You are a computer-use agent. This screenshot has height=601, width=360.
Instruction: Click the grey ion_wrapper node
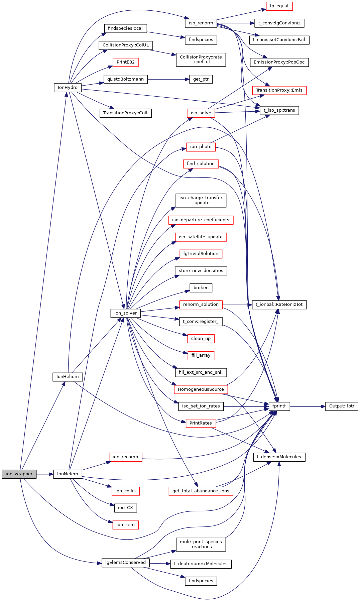tap(19, 474)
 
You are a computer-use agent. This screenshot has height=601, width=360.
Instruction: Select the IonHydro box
tap(68, 88)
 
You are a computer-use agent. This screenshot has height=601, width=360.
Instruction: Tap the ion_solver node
tap(126, 313)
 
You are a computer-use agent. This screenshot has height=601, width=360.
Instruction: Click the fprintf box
tap(279, 406)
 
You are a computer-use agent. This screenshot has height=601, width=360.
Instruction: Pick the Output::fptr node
tap(342, 406)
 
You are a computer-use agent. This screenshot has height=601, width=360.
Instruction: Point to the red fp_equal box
tap(279, 6)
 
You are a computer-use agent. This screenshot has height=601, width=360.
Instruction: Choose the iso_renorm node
tap(201, 23)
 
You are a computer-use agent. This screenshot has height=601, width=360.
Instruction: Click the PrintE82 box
tap(126, 62)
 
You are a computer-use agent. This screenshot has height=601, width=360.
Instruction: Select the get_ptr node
tap(201, 79)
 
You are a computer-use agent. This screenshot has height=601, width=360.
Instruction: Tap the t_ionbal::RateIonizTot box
tap(279, 305)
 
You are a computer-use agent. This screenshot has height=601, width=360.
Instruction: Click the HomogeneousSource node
tap(201, 389)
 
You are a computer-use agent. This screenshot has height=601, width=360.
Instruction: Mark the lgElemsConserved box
tap(126, 563)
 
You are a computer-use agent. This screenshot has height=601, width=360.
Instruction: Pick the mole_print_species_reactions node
tap(201, 544)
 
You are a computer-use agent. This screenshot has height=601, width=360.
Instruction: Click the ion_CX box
tap(126, 508)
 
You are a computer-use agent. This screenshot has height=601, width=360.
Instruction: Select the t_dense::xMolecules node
tap(279, 457)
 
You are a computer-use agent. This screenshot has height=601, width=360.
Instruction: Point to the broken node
tap(201, 288)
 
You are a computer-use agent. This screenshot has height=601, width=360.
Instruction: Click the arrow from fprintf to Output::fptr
tap(308, 406)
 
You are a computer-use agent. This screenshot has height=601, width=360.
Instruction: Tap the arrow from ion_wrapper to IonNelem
tap(45, 474)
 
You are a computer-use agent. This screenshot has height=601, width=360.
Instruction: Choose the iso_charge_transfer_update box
tap(201, 200)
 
